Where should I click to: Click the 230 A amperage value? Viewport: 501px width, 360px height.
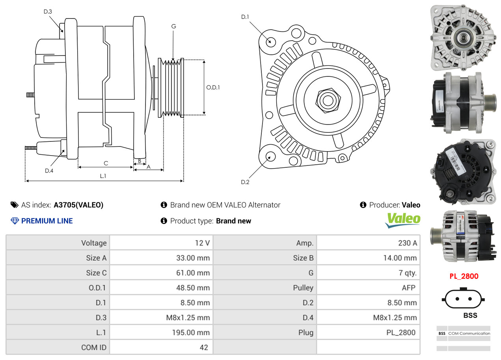pos(407,243)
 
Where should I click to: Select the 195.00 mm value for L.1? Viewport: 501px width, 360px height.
pos(193,332)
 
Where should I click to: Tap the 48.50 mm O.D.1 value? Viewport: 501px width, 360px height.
pos(193,288)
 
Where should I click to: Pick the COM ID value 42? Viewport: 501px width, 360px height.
pos(203,347)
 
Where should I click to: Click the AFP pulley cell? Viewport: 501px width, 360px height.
pos(408,288)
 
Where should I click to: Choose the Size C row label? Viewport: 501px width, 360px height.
pos(96,273)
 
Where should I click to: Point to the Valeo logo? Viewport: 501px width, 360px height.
pos(402,220)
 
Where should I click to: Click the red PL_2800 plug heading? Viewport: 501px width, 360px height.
pos(464,276)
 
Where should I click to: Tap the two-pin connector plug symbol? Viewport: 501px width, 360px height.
pos(464,299)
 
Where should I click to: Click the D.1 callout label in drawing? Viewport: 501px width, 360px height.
pos(245,17)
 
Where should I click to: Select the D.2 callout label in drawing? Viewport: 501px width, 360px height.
pos(245,182)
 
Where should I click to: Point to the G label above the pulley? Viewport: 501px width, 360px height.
pos(173,26)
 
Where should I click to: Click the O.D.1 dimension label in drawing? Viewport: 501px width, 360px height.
pos(213,87)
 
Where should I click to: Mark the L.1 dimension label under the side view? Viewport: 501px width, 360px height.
pos(102,176)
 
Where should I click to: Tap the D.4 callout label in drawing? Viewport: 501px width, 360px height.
pos(49,171)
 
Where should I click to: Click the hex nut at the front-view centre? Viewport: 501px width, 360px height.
pos(327,100)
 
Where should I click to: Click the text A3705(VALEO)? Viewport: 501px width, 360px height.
pos(78,205)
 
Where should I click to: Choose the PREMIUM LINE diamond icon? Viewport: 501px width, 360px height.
pos(15,221)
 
